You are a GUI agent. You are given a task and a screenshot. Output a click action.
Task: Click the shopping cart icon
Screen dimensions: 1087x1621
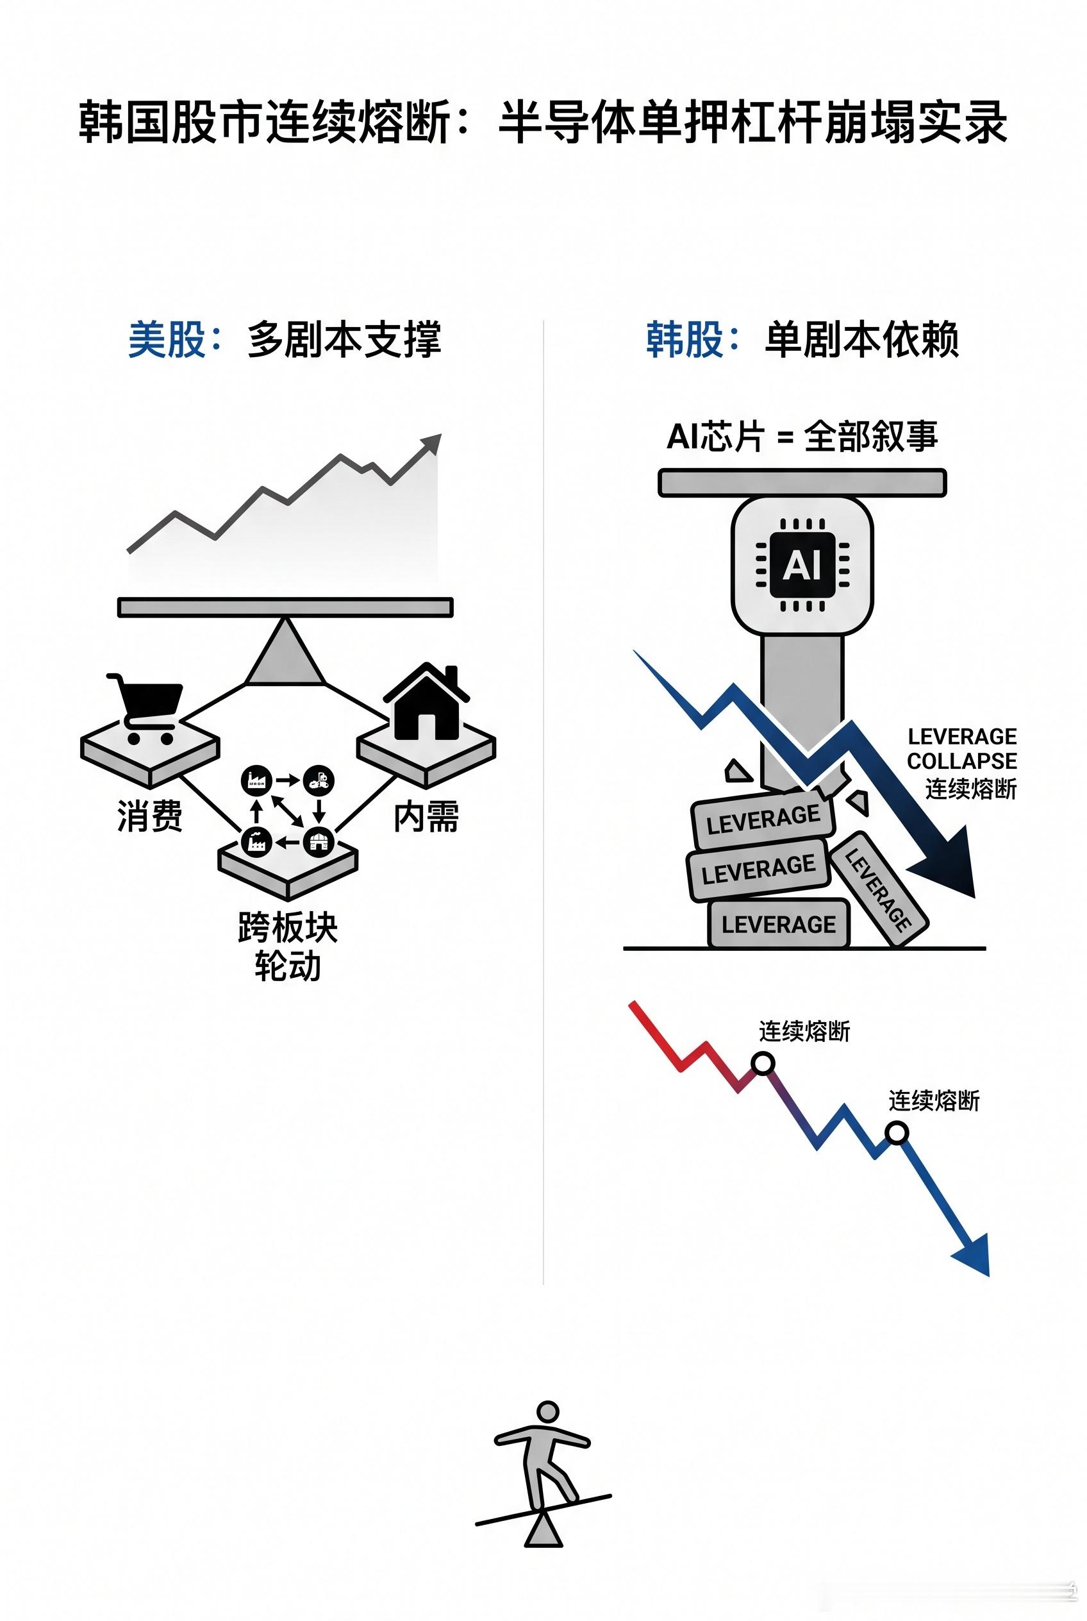[x=145, y=707]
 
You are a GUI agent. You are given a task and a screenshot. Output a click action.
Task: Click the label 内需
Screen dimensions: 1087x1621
[x=426, y=816]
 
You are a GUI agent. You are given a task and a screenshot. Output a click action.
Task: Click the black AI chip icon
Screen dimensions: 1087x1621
[x=802, y=565]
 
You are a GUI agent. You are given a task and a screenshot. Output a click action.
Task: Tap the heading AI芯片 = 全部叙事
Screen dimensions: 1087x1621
[x=802, y=436]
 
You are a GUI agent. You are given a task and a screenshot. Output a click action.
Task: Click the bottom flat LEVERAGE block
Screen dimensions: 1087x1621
[x=779, y=924]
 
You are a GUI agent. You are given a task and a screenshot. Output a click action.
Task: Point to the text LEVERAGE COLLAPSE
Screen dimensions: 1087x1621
[x=961, y=748]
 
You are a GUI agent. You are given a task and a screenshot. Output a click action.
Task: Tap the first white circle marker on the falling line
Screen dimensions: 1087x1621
[x=763, y=1062]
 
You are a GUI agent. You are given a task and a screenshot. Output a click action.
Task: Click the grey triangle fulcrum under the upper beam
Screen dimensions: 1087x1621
[x=285, y=651]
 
